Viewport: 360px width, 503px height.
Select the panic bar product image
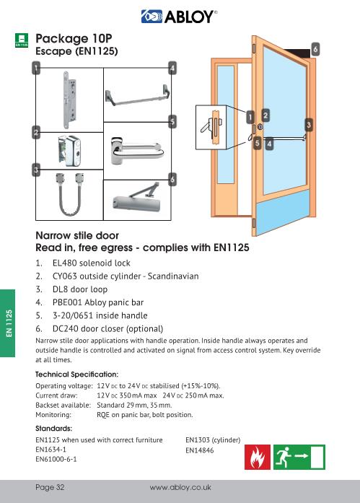coord(136,94)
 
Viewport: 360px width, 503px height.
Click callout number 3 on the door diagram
coord(309,125)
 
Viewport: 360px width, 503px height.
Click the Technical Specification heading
coord(76,375)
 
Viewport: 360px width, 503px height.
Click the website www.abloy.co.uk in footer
coord(180,487)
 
